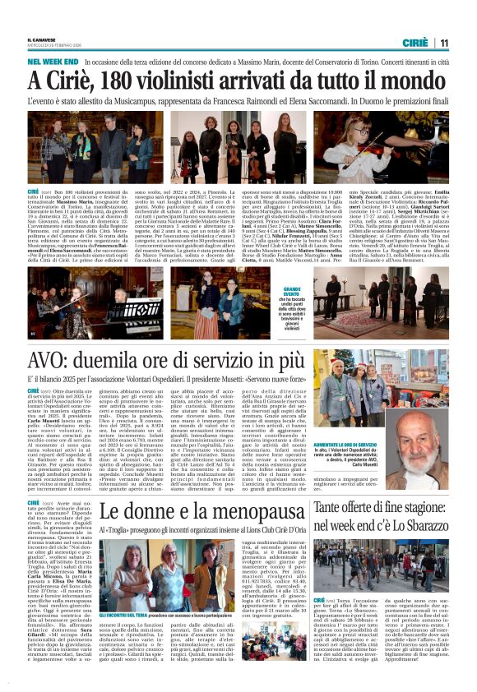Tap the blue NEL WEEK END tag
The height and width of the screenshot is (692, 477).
coord(53,62)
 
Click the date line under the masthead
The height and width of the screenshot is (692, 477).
coord(54,46)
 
